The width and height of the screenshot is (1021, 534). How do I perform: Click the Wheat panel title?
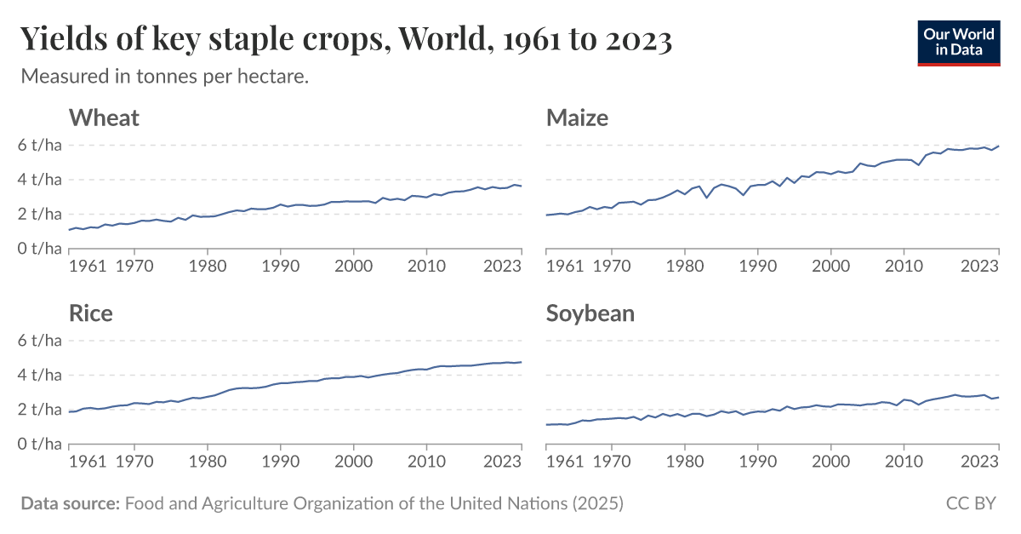104,118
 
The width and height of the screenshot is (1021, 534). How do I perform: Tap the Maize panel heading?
577,118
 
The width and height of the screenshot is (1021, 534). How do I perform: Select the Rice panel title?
91,313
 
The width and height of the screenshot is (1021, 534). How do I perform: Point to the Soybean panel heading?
590,313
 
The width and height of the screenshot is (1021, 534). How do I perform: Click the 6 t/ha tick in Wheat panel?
41,145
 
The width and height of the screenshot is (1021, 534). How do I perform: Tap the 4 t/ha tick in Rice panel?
41,375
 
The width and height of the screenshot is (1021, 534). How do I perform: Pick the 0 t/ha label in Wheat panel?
41,248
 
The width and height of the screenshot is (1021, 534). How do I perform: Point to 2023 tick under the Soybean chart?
979,462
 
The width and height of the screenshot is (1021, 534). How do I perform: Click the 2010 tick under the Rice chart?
423,462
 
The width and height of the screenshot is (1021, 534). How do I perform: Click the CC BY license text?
971,503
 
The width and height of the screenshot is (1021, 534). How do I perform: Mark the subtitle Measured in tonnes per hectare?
164,77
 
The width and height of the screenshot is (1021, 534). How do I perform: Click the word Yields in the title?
63,39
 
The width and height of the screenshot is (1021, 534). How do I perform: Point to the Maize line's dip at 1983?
706,198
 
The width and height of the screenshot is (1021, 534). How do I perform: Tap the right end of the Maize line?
998,146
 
